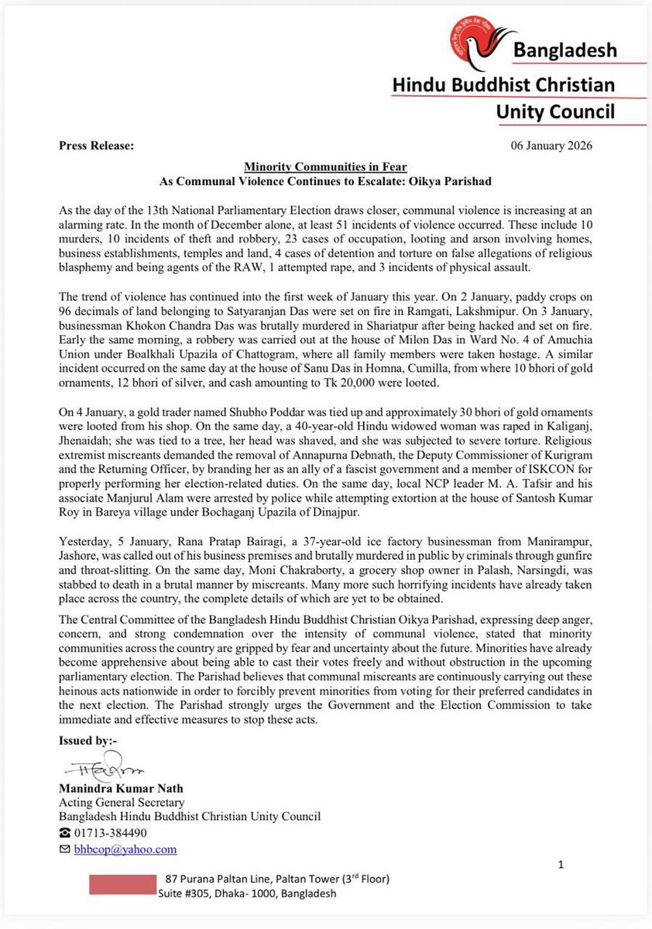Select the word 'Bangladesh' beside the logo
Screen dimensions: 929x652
[568, 51]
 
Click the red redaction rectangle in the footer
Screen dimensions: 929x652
[122, 885]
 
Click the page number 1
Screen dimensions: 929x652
[561, 863]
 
